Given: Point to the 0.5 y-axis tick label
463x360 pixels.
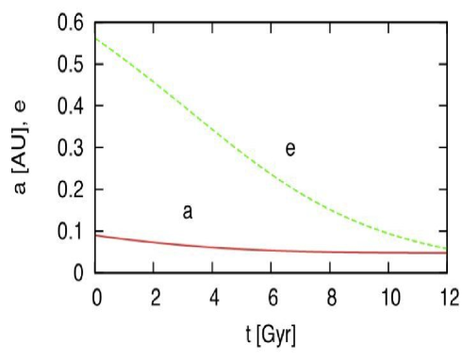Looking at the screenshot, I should point(69,64).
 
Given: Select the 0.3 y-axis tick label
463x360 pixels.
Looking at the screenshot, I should point(69,148).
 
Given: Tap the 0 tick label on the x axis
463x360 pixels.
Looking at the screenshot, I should point(97,297).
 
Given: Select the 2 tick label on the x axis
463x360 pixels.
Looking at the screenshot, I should point(156,297).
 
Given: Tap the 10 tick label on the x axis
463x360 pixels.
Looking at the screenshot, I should point(387,297).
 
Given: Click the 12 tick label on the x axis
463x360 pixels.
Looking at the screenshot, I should point(444,297).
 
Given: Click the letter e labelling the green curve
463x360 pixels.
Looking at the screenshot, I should point(290,148).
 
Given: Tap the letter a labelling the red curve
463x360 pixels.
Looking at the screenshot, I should point(188,212).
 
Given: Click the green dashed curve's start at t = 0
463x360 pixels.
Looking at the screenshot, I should point(98,38).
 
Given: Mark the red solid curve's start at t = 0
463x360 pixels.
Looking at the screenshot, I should point(98,236).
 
